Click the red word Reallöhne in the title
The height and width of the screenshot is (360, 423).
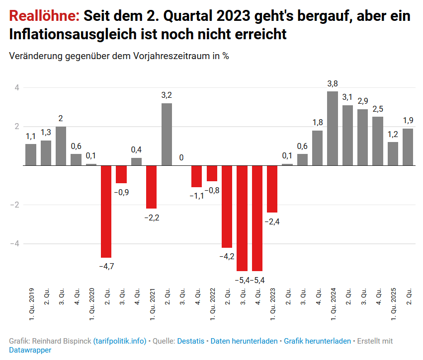(44, 16)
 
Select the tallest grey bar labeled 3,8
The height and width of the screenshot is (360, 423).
(333, 128)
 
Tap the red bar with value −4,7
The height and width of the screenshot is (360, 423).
(106, 212)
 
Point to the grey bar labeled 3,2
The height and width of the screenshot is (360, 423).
(167, 134)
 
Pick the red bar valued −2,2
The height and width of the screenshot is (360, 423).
(151, 187)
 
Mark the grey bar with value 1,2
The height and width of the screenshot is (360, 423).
(393, 153)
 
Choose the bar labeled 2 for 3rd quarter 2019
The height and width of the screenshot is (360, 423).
(61, 146)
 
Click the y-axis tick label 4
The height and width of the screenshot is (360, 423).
(16, 88)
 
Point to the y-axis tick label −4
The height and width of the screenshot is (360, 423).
(15, 244)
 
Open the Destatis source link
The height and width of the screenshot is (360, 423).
(191, 341)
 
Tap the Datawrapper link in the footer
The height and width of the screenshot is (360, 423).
(30, 350)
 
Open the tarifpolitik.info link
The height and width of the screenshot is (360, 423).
(120, 341)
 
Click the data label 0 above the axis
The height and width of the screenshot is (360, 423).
(181, 157)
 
